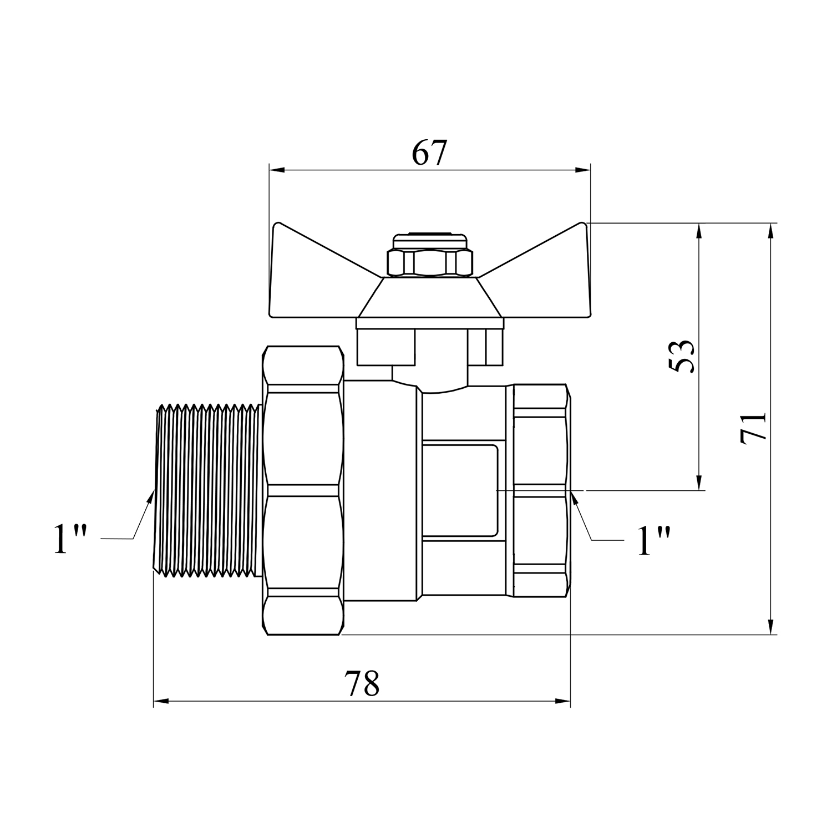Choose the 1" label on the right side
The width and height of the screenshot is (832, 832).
[x=655, y=540]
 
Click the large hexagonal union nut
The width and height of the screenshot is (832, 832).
[x=303, y=490]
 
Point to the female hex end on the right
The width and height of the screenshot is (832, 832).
[x=541, y=490]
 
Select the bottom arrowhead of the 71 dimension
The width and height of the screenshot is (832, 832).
[x=771, y=626]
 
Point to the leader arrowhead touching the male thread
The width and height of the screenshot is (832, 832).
[x=150, y=497]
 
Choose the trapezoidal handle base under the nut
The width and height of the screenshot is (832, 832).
[x=430, y=297]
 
